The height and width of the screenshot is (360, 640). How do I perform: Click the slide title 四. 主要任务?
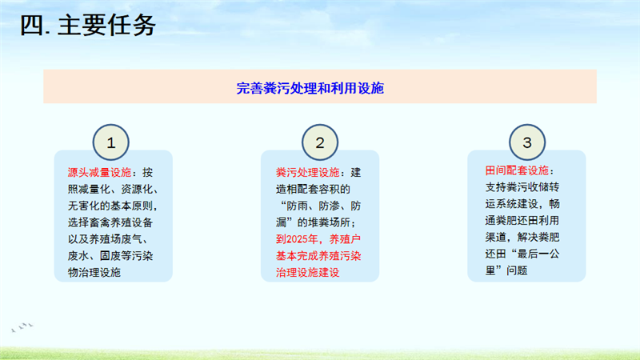[88, 26]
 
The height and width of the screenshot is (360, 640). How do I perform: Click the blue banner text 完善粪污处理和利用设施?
[310, 88]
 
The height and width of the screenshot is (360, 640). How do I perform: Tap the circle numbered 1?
[111, 142]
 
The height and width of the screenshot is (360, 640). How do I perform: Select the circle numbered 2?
[320, 142]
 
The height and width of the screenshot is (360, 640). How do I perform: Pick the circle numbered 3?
[527, 142]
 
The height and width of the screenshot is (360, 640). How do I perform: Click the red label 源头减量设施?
[99, 173]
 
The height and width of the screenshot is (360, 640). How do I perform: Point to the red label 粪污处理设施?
[308, 173]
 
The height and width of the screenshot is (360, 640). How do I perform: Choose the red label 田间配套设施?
[517, 170]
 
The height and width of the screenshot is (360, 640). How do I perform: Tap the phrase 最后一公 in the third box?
[538, 254]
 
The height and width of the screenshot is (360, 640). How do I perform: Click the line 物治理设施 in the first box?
[94, 273]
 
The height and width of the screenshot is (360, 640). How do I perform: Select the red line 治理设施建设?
[308, 273]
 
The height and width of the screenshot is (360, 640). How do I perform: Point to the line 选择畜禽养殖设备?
[110, 222]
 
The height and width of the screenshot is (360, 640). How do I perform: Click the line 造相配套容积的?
[313, 190]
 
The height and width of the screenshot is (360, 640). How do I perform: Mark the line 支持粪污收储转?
[522, 187]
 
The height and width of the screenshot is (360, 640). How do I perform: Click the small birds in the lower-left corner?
[22, 326]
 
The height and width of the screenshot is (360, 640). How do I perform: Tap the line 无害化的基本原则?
[113, 206]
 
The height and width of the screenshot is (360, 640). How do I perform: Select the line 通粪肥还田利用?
[522, 221]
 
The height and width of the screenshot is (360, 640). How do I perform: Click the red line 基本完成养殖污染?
[318, 256]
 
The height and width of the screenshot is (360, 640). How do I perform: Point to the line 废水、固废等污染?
[110, 256]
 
